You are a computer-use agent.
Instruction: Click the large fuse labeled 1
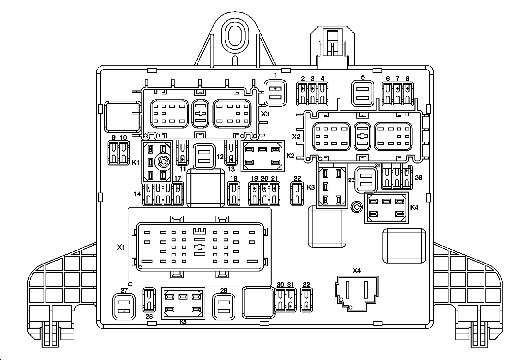275,93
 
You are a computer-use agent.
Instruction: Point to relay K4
386,208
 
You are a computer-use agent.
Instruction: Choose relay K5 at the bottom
183,303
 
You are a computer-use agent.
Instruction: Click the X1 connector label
121,247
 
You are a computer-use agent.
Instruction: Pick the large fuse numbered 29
224,307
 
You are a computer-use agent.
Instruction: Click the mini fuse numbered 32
307,300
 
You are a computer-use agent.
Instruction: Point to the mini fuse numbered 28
149,300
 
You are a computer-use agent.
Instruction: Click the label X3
265,114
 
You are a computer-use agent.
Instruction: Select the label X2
296,136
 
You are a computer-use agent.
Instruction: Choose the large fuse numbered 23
366,180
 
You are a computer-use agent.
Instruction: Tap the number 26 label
418,178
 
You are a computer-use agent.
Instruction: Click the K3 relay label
311,187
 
